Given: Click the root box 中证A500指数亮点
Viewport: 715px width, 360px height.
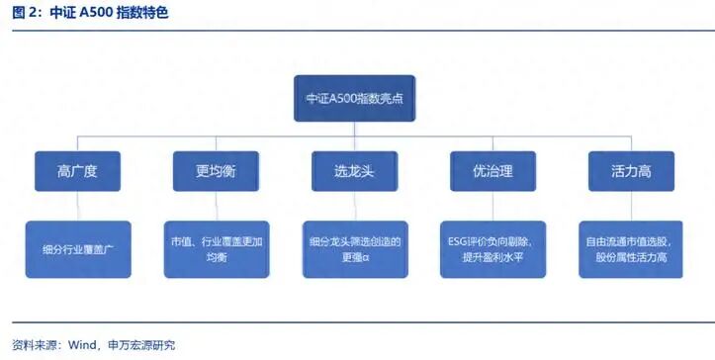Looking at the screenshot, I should (353, 99).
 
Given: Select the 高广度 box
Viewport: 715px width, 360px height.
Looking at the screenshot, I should (77, 171).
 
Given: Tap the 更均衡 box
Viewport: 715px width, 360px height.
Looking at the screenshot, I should (216, 171).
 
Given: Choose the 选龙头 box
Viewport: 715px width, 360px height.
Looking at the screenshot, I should (353, 171).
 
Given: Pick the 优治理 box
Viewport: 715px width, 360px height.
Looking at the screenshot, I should (492, 171).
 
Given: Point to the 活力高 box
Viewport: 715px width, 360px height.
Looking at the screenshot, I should (630, 171).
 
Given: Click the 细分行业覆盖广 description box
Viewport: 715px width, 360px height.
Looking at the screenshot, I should (77, 249).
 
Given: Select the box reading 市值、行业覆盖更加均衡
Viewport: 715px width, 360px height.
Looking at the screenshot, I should (216, 249).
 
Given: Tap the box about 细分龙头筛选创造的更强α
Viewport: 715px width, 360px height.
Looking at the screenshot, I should (353, 249).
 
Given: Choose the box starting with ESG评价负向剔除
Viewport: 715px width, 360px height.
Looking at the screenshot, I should (492, 249).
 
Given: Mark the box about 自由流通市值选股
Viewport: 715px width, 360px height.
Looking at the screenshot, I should (630, 249).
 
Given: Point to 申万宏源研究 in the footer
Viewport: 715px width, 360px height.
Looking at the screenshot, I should (141, 345).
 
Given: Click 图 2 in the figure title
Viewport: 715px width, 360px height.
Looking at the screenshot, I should (25, 14).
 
